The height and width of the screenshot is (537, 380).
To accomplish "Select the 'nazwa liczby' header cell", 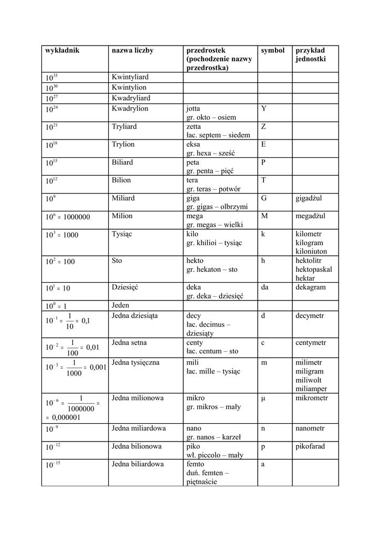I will pyautogui.click(x=132, y=50).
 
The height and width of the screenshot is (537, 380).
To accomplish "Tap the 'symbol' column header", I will pyautogui.click(x=272, y=50).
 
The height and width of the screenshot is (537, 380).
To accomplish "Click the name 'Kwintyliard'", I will pyautogui.click(x=131, y=77).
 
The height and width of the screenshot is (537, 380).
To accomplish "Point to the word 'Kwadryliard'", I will pyautogui.click(x=131, y=98).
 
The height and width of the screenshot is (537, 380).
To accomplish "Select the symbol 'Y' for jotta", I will pyautogui.click(x=263, y=109).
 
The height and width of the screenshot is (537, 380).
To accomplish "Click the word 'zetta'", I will pyautogui.click(x=194, y=126).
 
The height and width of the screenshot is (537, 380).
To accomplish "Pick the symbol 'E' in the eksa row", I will pyautogui.click(x=263, y=144).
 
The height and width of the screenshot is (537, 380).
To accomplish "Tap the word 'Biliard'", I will pyautogui.click(x=123, y=162).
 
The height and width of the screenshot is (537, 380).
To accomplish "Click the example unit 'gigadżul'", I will pyautogui.click(x=309, y=198).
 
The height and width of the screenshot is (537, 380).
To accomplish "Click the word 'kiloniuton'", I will pyautogui.click(x=311, y=251).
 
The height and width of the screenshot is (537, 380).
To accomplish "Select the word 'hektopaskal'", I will pyautogui.click(x=313, y=269).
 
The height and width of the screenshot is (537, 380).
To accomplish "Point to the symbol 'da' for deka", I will pyautogui.click(x=265, y=287).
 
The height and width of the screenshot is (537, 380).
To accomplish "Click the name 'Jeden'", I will pyautogui.click(x=121, y=305).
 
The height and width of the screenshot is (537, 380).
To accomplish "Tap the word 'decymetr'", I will pyautogui.click(x=310, y=316).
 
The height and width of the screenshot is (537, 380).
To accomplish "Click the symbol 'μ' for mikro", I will pyautogui.click(x=263, y=398).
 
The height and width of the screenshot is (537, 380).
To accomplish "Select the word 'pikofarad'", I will pyautogui.click(x=310, y=446).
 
